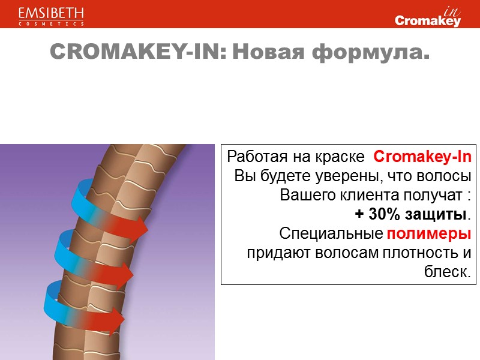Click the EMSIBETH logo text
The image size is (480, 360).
pos(51,13)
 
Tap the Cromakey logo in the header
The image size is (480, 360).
pos(428,20)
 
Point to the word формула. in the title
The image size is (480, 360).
pos(372,53)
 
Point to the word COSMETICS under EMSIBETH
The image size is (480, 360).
pos(51,24)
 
